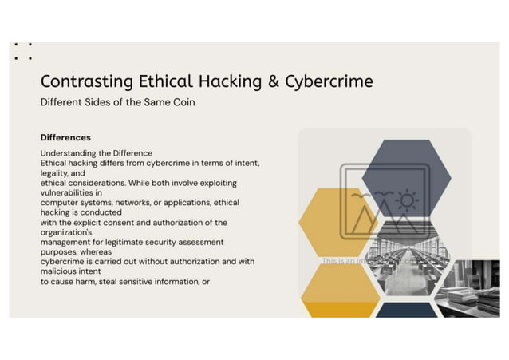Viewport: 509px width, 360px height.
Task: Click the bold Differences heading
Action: (65, 137)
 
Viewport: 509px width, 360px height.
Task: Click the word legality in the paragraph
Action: (57, 172)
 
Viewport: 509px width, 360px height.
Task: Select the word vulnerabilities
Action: (70, 192)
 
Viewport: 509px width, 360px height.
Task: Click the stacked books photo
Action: (471, 288)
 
